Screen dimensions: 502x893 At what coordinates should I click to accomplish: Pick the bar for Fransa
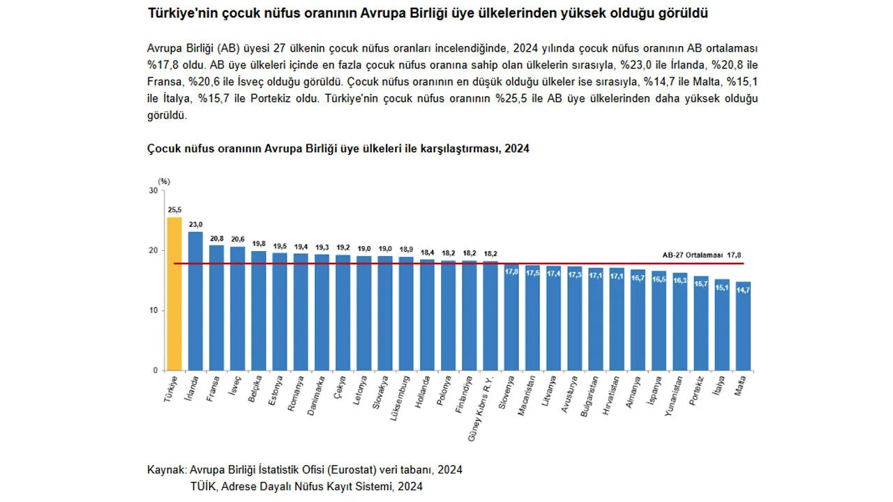pos(217,307)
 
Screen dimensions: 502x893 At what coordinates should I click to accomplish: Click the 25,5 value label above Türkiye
pos(174,209)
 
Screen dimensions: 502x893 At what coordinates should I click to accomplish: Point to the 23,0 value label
pos(195,225)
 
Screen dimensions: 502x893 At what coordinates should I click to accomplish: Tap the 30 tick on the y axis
pos(153,190)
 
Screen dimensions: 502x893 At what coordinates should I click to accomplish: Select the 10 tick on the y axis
pos(153,310)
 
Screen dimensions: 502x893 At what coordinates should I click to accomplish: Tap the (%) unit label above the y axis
pos(164,181)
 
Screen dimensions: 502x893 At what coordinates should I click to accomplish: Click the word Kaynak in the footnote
pos(166,470)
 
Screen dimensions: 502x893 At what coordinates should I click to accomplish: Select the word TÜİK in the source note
pos(203,486)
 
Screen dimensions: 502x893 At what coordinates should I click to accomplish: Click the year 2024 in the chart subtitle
pos(517,149)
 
